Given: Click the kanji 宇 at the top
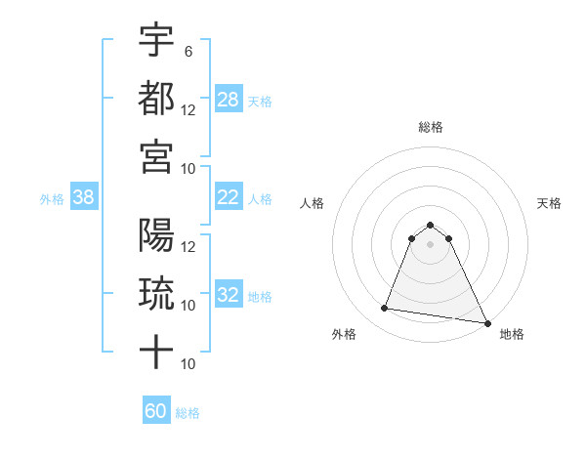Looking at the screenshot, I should point(156,40).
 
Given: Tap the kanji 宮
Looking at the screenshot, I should point(156,156).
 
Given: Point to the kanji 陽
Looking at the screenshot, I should point(156,235).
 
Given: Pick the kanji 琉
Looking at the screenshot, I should point(156,294).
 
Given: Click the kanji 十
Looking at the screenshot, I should point(156,353).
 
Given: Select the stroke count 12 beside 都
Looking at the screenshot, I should point(188,109).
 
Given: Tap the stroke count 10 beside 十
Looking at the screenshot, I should point(188,364).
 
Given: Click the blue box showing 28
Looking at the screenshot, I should point(229,99).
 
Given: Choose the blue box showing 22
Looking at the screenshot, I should point(229,197).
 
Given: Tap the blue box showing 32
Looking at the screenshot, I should point(229,295).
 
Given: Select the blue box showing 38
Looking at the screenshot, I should point(83,197).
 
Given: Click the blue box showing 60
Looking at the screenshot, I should point(156,411).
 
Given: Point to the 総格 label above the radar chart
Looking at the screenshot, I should point(431,127).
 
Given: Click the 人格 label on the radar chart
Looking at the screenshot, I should point(312,203).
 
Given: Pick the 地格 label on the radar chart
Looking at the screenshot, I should point(512,335).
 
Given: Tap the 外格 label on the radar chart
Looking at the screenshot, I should point(344,335).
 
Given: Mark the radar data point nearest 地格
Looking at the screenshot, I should point(487,323).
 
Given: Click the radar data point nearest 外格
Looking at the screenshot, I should point(385,309).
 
